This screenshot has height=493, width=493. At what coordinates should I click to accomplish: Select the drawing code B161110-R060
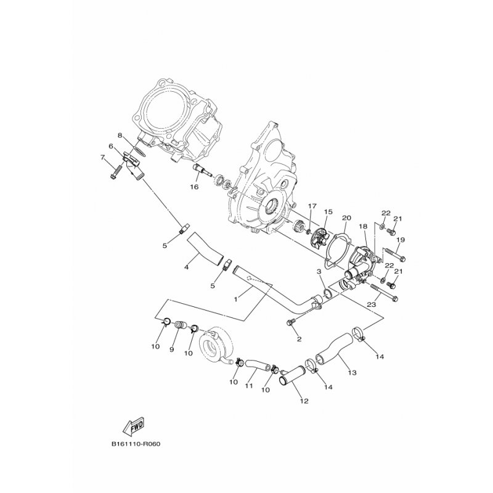coord(136,444)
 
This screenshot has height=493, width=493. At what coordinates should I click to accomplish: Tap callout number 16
coord(194,187)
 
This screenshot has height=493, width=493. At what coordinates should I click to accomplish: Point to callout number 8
coord(120,136)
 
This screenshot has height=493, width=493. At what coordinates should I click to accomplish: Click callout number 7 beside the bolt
coord(102,157)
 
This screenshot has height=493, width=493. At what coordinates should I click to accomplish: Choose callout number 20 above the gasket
coord(346,218)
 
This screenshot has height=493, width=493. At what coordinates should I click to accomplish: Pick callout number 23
coord(372,304)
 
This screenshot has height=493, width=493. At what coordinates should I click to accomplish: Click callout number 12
coord(304,401)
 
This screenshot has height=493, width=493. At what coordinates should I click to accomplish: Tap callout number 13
coord(352,373)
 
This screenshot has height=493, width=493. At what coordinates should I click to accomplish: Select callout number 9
coord(172,349)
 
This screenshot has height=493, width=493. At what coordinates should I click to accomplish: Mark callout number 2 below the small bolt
coord(299,339)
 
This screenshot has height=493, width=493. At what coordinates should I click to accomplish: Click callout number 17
coord(312,206)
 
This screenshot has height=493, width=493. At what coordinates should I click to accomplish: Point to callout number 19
coord(400,240)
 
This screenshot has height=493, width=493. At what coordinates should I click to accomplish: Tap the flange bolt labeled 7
coord(116,171)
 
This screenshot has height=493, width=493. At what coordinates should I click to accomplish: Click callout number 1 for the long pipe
coord(236,299)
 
